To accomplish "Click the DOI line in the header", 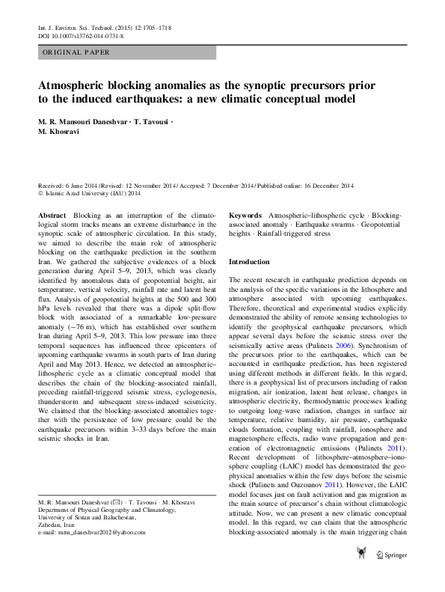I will (81, 35).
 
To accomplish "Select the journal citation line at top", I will (104, 27).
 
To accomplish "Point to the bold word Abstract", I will (52, 215).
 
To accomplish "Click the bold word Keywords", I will (245, 215).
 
